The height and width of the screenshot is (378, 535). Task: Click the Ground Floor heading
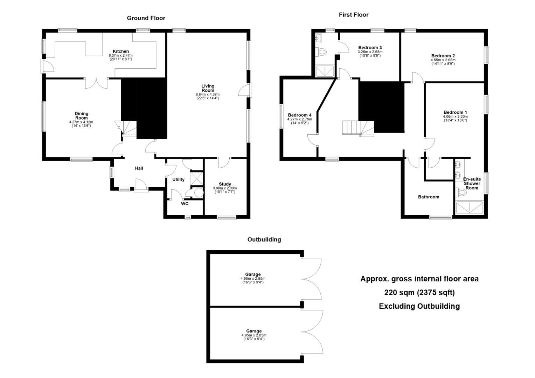tap(146, 18)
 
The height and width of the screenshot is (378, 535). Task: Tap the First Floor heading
tap(354, 15)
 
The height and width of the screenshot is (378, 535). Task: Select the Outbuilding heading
tap(264, 239)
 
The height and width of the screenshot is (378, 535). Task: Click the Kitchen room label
tap(120, 51)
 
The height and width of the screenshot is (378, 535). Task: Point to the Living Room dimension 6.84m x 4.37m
tap(208, 94)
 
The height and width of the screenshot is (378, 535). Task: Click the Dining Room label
tap(82, 115)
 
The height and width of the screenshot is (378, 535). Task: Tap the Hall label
tap(139, 168)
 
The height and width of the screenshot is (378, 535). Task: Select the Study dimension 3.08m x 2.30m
tap(225, 188)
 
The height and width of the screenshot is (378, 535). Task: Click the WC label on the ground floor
tap(185, 204)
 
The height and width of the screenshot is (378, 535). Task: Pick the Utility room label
tap(179, 180)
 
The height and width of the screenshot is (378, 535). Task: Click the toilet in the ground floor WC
tap(197, 192)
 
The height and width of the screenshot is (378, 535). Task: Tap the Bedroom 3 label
tap(370, 48)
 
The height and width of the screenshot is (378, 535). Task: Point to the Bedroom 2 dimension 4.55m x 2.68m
tap(443, 60)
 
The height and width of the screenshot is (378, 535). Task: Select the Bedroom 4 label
tap(299, 115)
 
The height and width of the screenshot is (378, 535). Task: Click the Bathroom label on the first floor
tap(429, 197)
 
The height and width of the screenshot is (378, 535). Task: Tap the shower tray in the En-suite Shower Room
tap(469, 208)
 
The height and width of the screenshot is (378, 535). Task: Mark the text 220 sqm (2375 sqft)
tap(419, 293)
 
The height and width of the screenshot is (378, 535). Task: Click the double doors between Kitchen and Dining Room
tap(97, 83)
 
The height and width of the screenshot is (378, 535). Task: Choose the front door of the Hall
tap(141, 185)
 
